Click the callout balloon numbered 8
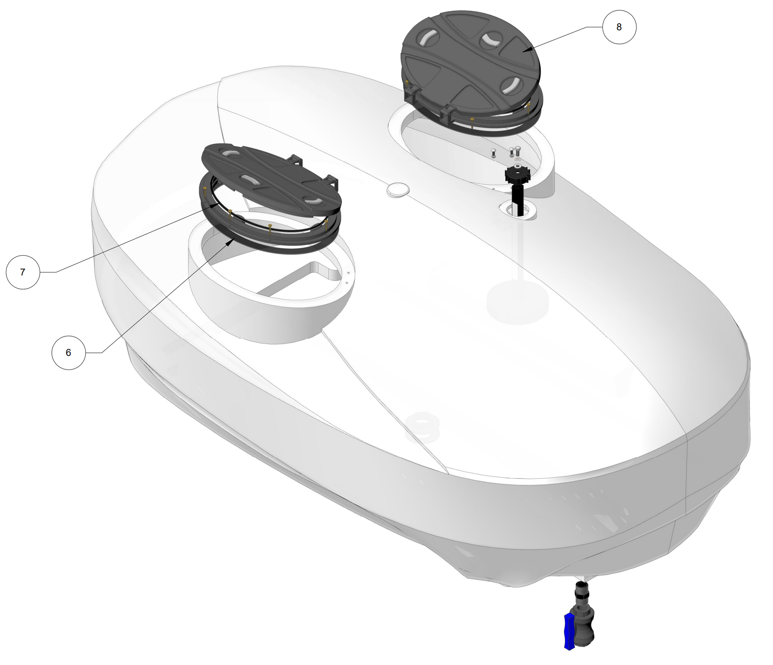619,27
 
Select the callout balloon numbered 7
23,272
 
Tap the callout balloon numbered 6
68,353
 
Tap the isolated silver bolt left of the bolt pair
494,154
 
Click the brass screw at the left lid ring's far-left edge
205,189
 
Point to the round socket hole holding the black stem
518,210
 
